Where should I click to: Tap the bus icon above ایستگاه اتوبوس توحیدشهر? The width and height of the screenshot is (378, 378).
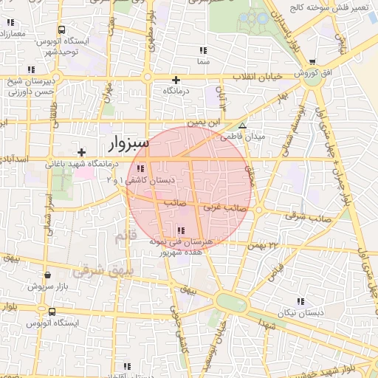(60, 31)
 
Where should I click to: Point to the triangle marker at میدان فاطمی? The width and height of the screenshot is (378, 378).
(242, 126)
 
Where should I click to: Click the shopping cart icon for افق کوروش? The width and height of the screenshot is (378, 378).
(312, 63)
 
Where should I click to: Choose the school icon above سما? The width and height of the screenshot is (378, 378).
(202, 51)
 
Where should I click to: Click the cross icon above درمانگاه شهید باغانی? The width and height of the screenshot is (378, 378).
(81, 151)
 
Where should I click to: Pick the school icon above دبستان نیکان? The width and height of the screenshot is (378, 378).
(300, 301)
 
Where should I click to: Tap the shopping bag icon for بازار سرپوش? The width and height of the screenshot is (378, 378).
(47, 275)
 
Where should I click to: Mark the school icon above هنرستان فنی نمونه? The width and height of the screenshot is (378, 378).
(181, 230)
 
